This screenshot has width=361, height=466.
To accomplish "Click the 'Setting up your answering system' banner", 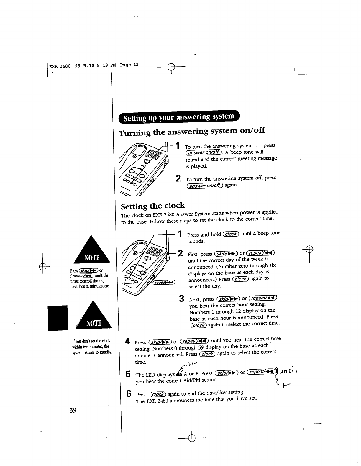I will [x=179, y=118].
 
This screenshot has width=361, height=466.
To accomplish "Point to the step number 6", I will [x=129, y=394].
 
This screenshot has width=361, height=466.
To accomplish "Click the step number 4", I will [x=128, y=342].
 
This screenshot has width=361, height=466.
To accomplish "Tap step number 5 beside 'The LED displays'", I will [x=128, y=375].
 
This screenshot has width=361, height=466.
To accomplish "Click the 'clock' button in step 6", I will [x=158, y=394].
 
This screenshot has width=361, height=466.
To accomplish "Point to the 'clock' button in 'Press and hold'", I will [x=231, y=234].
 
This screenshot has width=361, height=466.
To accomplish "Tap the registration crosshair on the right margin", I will [x=309, y=249].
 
